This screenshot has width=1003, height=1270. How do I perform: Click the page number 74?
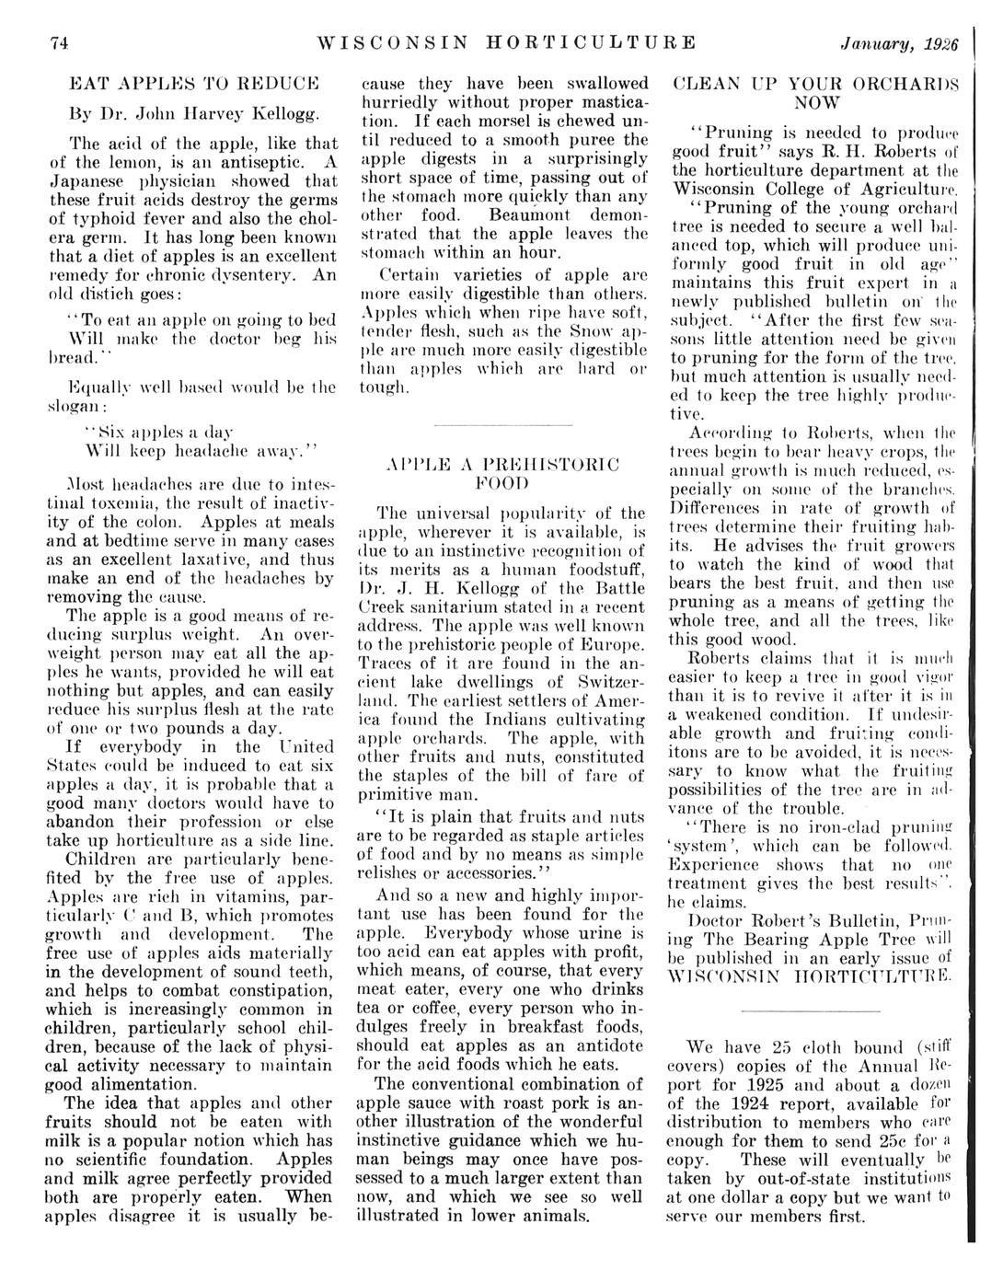60,43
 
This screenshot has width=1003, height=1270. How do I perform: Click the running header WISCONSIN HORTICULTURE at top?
505,43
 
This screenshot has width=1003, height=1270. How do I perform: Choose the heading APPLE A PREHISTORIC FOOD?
501,472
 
